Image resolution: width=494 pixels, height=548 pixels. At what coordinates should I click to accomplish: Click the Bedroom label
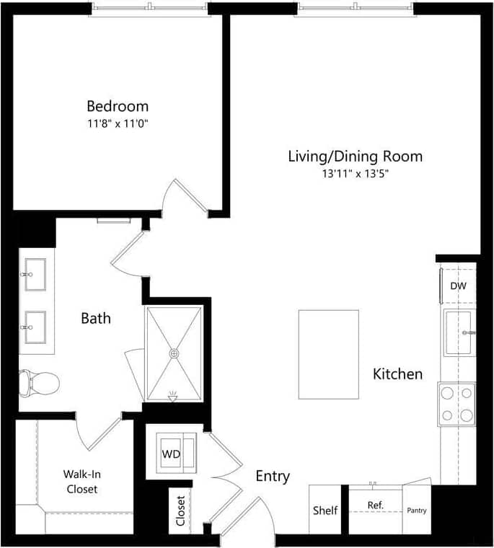point(118,106)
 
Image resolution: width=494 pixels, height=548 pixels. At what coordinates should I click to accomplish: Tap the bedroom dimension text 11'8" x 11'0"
point(118,123)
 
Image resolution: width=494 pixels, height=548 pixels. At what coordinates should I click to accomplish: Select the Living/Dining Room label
point(355,156)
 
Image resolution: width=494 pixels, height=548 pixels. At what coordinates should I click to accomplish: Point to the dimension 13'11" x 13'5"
point(355,174)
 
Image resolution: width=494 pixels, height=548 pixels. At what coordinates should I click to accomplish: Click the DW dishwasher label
point(458,286)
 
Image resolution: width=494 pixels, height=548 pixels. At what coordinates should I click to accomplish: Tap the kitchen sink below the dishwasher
point(459,332)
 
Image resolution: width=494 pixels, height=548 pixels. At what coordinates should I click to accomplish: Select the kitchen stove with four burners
point(457,404)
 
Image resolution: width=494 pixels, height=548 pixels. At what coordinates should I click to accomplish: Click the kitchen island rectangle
point(329,354)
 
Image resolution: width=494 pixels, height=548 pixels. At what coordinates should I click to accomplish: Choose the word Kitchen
point(397,374)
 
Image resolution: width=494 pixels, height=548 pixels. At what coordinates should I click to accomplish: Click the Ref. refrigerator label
point(375,505)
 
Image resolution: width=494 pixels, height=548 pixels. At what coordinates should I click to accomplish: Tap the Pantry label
point(416,511)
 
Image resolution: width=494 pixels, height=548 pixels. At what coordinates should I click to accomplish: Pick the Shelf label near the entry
point(325,511)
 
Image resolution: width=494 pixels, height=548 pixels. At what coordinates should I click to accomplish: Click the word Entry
point(273,476)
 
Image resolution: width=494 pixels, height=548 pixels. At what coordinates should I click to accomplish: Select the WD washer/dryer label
point(170,454)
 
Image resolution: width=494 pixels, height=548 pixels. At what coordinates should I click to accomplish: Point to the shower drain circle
point(173,353)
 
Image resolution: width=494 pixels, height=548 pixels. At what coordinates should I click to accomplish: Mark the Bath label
point(95,317)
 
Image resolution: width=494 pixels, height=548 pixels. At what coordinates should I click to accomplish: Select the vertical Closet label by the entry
point(180,511)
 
